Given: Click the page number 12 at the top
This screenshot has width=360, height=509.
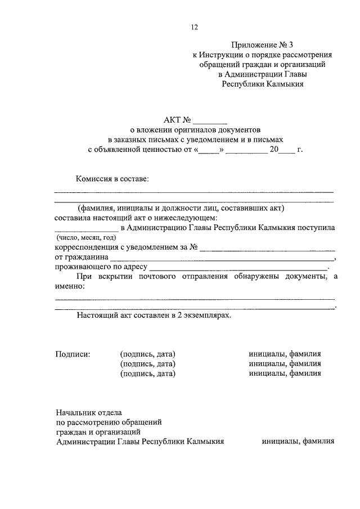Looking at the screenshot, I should click(195, 27).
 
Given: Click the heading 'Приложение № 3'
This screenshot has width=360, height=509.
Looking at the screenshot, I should click(262, 46).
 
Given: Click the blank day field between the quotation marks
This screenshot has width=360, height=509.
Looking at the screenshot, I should click(209, 151).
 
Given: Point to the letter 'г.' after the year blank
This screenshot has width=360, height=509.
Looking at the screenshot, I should click(300, 150).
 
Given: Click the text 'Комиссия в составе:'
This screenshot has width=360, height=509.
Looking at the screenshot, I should click(113, 179).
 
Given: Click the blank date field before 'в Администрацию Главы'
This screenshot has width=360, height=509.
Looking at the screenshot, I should click(87, 228).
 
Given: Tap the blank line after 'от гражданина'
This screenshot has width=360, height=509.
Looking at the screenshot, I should click(222, 258).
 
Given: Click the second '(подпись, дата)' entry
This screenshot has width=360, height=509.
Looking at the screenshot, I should click(148, 363).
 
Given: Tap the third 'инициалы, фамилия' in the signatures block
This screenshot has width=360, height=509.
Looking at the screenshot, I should click(285, 372).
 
